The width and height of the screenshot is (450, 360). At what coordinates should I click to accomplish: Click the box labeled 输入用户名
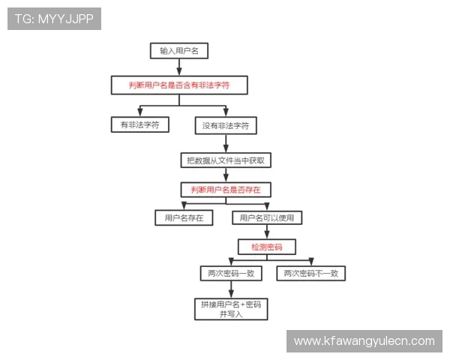pyautogui.click(x=179, y=51)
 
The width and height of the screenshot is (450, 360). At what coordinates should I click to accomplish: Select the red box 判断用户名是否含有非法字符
pyautogui.click(x=179, y=85)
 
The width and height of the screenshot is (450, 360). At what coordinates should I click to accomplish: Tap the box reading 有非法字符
pyautogui.click(x=140, y=124)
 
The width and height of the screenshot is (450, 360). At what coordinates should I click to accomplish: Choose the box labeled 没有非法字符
pyautogui.click(x=226, y=125)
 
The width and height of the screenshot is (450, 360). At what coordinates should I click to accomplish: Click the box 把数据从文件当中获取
pyautogui.click(x=226, y=160)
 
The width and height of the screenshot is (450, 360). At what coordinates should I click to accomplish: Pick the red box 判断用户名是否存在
pyautogui.click(x=226, y=190)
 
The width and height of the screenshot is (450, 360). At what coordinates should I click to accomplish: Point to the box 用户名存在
pyautogui.click(x=184, y=218)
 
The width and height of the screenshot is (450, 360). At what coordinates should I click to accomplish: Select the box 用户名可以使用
pyautogui.click(x=267, y=218)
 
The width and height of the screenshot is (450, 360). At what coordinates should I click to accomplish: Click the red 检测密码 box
pyautogui.click(x=267, y=247)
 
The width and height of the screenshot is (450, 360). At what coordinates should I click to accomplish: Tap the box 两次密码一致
pyautogui.click(x=231, y=273)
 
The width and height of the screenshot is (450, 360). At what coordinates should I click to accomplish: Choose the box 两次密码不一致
pyautogui.click(x=310, y=273)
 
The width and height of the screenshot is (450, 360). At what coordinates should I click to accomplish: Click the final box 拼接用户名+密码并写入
pyautogui.click(x=231, y=309)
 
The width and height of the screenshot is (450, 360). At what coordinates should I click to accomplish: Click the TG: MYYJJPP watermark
pyautogui.click(x=54, y=19)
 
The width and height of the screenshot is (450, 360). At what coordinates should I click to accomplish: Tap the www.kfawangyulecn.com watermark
pyautogui.click(x=364, y=341)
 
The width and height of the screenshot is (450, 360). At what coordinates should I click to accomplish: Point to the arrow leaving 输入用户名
pyautogui.click(x=179, y=67)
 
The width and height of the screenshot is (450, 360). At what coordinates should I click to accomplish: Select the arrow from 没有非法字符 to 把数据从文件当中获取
pyautogui.click(x=226, y=143)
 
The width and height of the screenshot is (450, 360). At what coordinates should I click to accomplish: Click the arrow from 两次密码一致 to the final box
pyautogui.click(x=231, y=289)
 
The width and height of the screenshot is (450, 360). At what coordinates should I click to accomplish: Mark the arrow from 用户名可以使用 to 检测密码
pyautogui.click(x=267, y=232)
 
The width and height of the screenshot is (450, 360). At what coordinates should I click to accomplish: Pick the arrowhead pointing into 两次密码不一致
pyautogui.click(x=311, y=262)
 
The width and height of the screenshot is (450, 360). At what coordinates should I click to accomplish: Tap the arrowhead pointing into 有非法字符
pyautogui.click(x=140, y=112)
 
